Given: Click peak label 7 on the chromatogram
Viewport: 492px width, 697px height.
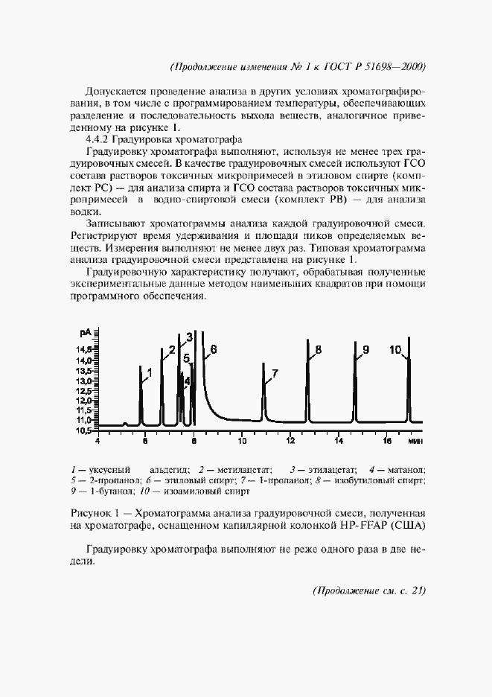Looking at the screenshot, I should coord(275,373).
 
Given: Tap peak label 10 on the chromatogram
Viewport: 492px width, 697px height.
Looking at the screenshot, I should coord(395,349).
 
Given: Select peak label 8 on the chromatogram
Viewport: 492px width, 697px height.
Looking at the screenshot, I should coord(318,349).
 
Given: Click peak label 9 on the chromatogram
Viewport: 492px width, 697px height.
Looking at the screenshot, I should coord(365,349).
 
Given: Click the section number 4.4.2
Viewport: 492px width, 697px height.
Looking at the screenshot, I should coord(102,139).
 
